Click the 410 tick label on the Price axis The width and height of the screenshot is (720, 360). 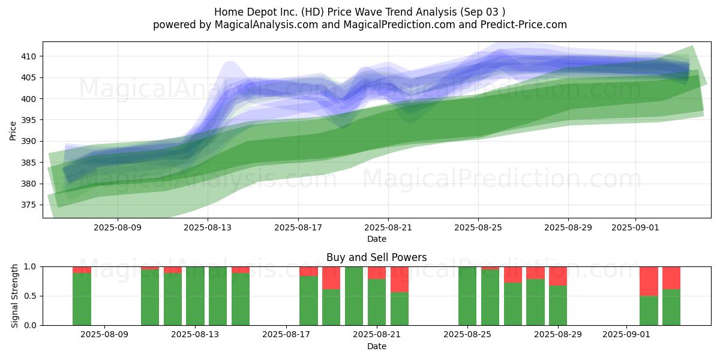pos(29,56)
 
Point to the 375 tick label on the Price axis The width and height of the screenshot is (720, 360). pos(29,205)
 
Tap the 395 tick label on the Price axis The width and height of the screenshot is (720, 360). pos(29,120)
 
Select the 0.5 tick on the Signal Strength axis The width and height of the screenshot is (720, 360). pos(30,296)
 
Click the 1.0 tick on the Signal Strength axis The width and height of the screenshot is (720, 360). pos(30,267)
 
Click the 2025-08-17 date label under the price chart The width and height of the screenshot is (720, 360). pos(298,227)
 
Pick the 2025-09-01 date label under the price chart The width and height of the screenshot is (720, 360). pos(635,227)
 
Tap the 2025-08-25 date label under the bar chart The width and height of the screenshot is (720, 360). pos(467,335)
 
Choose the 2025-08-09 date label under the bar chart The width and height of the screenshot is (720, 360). pos(104,335)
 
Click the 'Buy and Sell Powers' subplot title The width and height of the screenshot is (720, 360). pos(376,257)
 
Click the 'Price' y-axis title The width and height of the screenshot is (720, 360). pos(13,131)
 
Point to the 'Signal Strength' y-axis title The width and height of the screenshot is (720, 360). pos(14,296)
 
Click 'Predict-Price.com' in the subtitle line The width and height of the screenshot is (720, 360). pos(524,25)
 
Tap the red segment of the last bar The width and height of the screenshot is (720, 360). pos(671,278)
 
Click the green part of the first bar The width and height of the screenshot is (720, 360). pos(82,299)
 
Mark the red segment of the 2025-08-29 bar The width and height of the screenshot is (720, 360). pos(557,276)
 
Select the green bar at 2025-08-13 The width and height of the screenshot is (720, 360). pos(195,296)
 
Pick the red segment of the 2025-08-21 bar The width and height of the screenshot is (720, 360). pos(377,273)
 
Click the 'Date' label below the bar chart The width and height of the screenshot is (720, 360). pos(376,347)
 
